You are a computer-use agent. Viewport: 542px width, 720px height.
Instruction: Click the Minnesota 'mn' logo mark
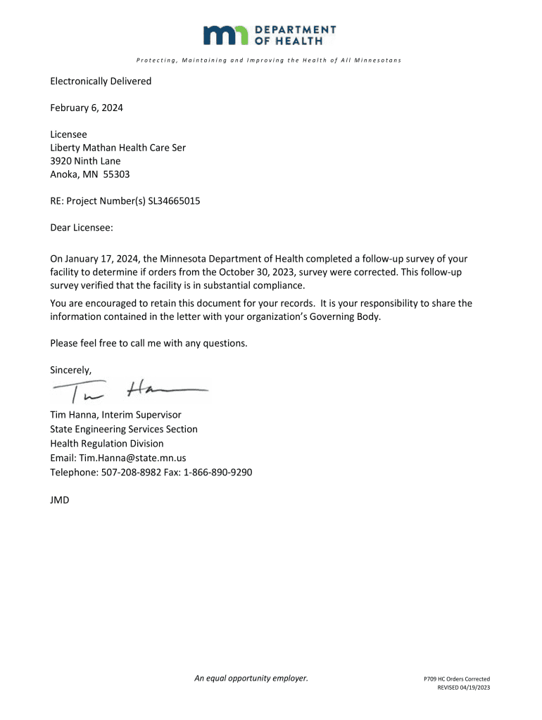pyautogui.click(x=226, y=34)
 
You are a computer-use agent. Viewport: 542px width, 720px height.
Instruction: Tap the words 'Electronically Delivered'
pyautogui.click(x=101, y=81)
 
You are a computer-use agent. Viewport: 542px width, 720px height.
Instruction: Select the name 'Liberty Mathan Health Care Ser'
pyautogui.click(x=118, y=148)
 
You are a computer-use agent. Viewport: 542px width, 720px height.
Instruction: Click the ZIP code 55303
pyautogui.click(x=116, y=174)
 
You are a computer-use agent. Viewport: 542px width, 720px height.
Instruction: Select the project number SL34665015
pyautogui.click(x=174, y=201)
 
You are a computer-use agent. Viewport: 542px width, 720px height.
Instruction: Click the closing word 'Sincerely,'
pyautogui.click(x=71, y=370)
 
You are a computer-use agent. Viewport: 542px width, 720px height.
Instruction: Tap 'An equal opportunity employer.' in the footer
pyautogui.click(x=251, y=679)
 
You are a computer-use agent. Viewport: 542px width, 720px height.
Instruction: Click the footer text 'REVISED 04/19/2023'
pyautogui.click(x=463, y=688)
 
